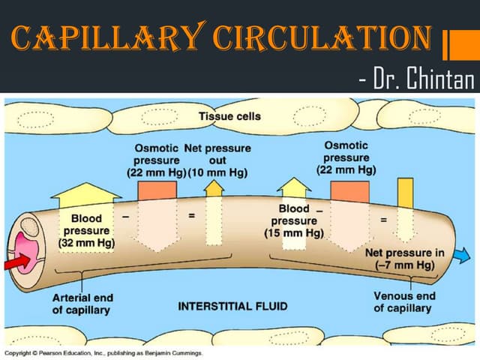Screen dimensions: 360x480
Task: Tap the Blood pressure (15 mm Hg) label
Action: tap(294, 220)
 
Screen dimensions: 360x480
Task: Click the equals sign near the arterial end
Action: tap(190, 216)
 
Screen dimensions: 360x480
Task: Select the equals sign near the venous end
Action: tap(383, 220)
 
